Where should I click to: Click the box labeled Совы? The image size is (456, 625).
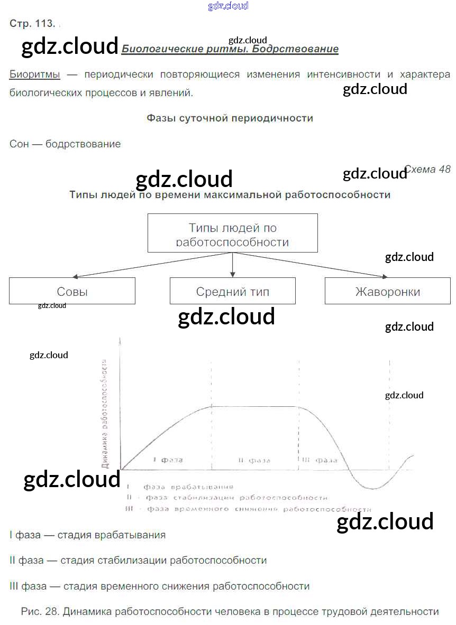click(x=72, y=291)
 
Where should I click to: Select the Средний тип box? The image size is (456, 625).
click(x=232, y=291)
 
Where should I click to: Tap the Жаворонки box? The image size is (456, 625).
click(x=388, y=291)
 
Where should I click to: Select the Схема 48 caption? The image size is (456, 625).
click(x=427, y=169)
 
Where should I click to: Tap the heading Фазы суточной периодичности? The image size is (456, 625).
click(x=230, y=118)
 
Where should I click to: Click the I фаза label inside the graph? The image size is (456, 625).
click(x=168, y=460)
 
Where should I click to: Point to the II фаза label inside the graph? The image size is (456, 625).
click(x=254, y=460)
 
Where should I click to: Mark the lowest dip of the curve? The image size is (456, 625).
click(x=372, y=488)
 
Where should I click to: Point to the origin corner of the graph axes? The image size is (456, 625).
click(x=121, y=469)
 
